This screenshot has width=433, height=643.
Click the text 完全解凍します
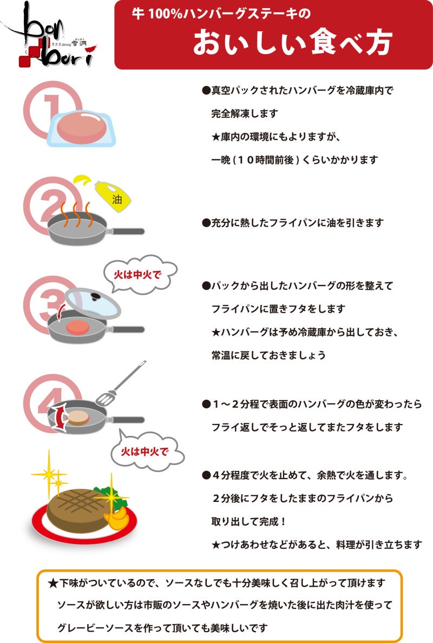pos(244,114)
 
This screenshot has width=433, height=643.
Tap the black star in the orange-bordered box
pos(53,584)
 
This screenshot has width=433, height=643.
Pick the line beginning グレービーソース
pos(162,628)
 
